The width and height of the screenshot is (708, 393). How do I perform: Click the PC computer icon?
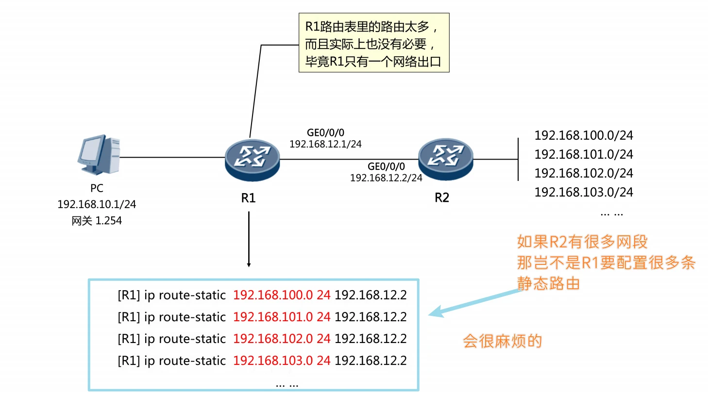(x=99, y=156)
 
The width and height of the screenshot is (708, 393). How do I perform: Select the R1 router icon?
(x=252, y=159)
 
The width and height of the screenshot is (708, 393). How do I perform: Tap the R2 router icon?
(x=446, y=159)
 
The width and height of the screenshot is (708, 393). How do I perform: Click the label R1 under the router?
(x=248, y=198)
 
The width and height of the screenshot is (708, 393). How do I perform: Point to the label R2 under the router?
(x=442, y=198)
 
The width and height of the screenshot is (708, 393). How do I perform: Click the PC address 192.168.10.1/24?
(x=97, y=204)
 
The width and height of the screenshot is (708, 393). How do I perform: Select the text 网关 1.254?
(x=97, y=221)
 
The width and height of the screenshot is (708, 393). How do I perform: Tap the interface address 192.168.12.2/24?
(x=386, y=178)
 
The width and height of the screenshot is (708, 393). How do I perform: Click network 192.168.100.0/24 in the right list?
(x=584, y=135)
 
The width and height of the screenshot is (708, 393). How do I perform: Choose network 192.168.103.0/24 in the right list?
(x=584, y=192)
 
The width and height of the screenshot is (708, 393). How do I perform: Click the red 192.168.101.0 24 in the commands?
(x=282, y=317)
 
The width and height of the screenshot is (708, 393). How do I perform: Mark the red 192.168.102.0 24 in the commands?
(x=282, y=339)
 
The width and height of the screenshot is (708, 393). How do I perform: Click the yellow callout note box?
(x=373, y=43)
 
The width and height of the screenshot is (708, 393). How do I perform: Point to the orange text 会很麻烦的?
(x=502, y=341)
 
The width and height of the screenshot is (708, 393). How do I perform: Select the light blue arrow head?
(x=437, y=312)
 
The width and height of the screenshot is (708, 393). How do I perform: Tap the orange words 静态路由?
(x=548, y=283)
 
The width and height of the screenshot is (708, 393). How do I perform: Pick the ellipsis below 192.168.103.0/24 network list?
(x=611, y=213)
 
